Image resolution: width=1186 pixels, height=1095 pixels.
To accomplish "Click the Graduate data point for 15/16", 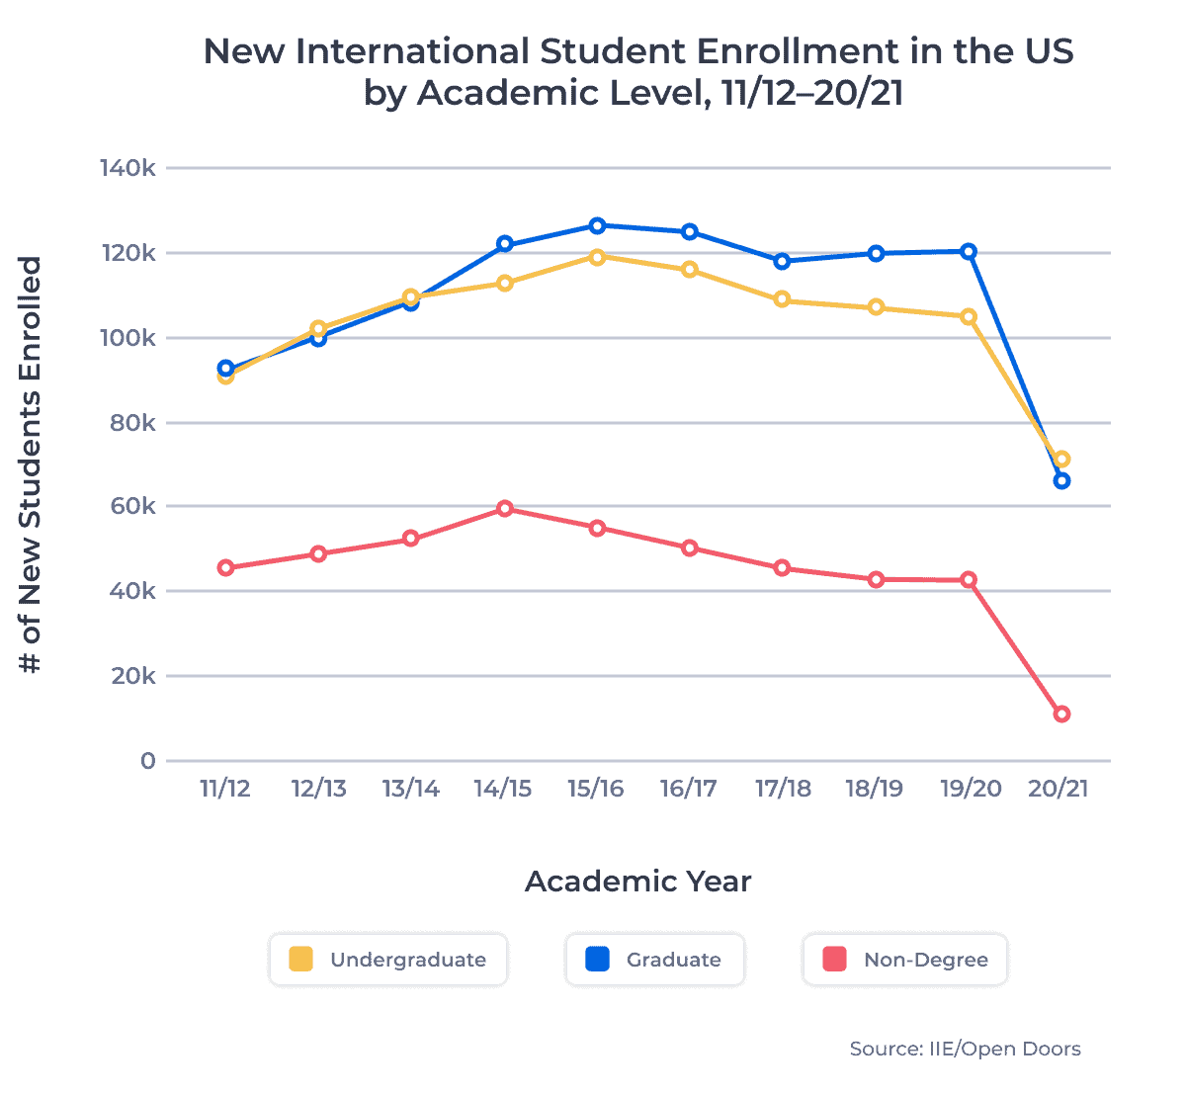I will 597,225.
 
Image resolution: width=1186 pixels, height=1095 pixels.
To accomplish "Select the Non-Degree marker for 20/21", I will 1061,715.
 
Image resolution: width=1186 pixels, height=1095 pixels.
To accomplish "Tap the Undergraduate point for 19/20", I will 969,317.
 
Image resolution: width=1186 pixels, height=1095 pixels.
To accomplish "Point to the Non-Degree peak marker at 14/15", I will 505,509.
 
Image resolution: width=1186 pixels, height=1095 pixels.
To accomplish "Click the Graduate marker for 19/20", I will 969,252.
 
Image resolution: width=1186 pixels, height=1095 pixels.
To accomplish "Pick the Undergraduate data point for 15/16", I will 597,257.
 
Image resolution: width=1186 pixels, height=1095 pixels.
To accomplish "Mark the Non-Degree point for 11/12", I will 226,568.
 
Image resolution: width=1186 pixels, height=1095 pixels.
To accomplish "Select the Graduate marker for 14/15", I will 505,244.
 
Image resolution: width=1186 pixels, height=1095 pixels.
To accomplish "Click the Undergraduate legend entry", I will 388,960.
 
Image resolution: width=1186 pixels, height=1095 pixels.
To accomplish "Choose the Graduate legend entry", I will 654,960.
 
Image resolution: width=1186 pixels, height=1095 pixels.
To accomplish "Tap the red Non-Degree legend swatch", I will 835,960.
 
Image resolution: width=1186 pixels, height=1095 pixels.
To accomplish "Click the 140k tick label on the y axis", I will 127,169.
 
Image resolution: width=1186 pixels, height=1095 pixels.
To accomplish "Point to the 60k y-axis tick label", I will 132,507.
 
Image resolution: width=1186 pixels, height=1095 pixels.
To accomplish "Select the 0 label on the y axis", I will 147,761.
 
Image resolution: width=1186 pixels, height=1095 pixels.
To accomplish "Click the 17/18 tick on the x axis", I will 783,789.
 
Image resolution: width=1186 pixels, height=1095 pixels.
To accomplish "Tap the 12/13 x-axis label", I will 318,789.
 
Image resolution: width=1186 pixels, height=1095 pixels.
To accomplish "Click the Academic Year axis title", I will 637,882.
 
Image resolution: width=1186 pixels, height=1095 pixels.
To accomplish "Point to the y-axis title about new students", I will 32,464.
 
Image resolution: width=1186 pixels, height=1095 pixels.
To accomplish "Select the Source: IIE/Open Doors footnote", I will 965,1050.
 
